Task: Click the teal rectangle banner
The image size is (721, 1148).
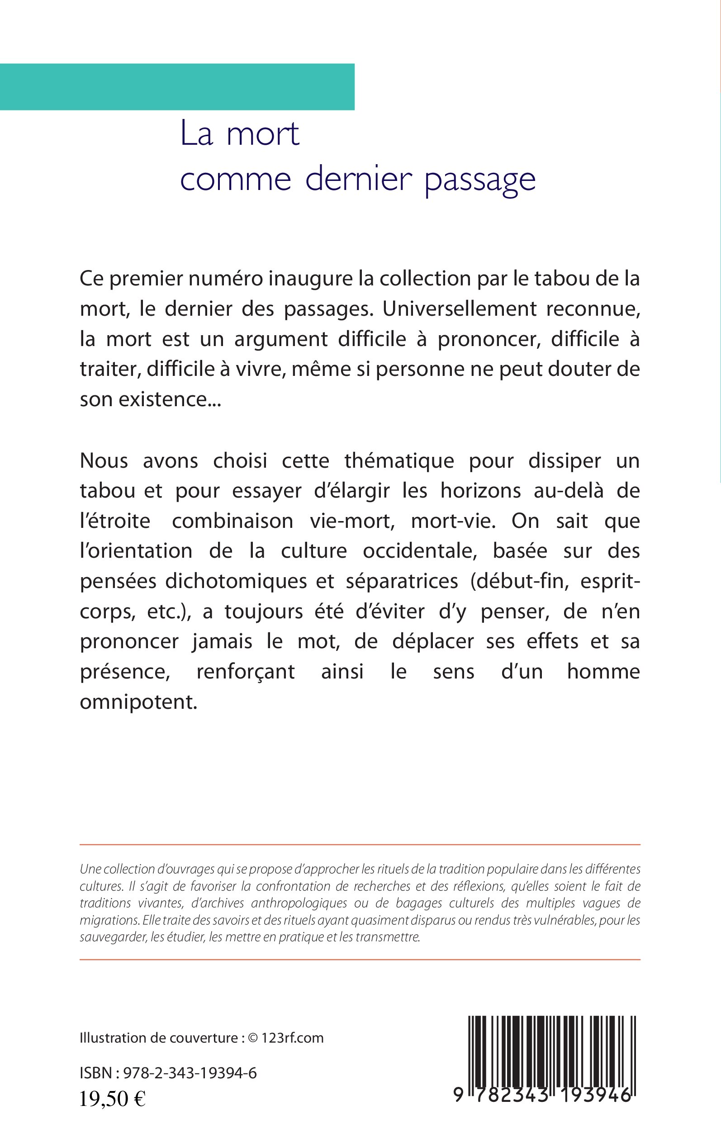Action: pos(177,87)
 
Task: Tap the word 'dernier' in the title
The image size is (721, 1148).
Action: pos(358,180)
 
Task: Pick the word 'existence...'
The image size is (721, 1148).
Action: pos(169,399)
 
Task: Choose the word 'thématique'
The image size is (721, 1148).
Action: pos(399,460)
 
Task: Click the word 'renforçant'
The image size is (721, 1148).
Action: pos(246,671)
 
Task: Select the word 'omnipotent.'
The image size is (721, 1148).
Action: pos(138,702)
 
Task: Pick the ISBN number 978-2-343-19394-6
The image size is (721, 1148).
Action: pos(190,1073)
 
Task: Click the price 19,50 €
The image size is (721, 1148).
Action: pos(112,1099)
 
